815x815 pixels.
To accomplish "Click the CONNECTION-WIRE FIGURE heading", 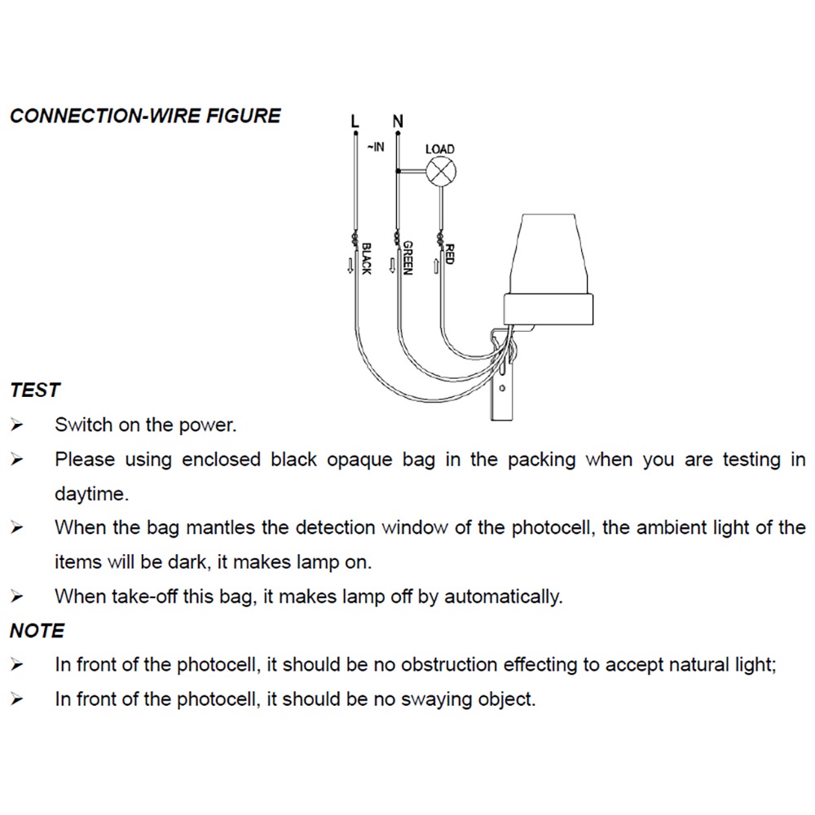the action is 146,116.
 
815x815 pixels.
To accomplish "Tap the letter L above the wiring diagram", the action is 355,121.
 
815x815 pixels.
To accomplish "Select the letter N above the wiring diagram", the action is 398,121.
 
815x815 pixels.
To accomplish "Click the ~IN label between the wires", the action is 376,147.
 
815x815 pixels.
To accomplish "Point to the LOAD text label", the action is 440,149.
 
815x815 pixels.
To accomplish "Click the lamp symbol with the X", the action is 441,171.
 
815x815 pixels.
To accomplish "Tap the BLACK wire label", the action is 367,258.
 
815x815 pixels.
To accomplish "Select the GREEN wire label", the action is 408,258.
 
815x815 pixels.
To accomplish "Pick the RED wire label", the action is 450,254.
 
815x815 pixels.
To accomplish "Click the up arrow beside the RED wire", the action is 436,267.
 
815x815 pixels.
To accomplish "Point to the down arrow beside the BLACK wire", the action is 350,266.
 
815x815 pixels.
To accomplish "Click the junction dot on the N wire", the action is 398,170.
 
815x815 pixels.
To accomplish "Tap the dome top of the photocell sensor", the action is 548,253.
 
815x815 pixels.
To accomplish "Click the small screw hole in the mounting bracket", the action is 502,388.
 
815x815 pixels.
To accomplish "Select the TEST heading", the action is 35,390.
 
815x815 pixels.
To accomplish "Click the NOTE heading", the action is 37,631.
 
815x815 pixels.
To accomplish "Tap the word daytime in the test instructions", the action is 91,494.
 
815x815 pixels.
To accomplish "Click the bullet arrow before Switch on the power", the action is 16,425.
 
